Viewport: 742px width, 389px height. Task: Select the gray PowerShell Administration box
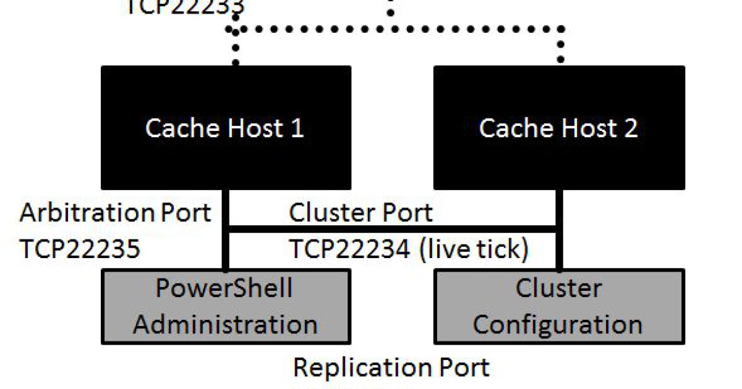click(x=226, y=306)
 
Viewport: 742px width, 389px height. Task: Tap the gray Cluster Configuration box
click(x=559, y=306)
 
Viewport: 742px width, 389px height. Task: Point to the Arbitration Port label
click(x=116, y=213)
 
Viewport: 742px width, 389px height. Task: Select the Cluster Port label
click(x=361, y=213)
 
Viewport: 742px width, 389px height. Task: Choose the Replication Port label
click(x=391, y=367)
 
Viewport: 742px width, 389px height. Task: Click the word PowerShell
click(x=224, y=289)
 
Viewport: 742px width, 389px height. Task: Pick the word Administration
click(x=226, y=324)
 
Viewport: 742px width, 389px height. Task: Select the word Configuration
click(x=558, y=324)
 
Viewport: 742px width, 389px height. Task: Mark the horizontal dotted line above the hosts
click(x=396, y=28)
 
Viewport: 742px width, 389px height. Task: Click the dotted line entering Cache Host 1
click(x=234, y=49)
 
